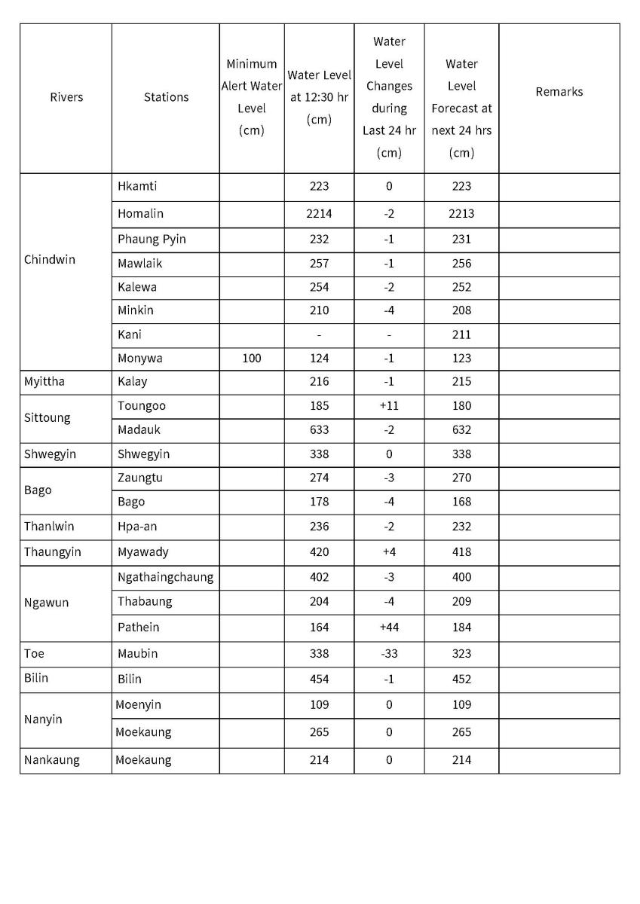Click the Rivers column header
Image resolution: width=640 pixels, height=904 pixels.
point(66,97)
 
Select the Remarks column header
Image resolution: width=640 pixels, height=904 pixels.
point(559,92)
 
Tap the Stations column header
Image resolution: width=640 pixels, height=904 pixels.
point(166,97)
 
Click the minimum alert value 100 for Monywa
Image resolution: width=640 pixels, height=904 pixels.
point(252,359)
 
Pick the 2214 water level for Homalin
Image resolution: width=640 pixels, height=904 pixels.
point(319,214)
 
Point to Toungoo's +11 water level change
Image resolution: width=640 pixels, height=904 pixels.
point(389,406)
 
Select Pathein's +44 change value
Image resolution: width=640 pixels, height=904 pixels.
point(389,628)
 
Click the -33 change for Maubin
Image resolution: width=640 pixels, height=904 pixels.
point(389,654)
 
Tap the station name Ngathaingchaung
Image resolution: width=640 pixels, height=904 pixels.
point(165,578)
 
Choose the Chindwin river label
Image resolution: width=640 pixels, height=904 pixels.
point(50,260)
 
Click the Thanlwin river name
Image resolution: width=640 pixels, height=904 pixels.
point(49,527)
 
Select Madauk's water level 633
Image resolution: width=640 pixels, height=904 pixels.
point(319,430)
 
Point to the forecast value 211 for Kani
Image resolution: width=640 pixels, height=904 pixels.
point(461,334)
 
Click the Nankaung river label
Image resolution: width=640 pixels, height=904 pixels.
point(51,760)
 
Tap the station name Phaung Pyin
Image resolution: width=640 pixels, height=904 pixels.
point(152,240)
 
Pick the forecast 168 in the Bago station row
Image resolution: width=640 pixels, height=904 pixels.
point(461,502)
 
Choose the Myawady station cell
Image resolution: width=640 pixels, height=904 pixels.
point(143,552)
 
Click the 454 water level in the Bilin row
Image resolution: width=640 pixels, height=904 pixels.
point(319,679)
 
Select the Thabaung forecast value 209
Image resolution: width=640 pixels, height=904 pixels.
point(461,602)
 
